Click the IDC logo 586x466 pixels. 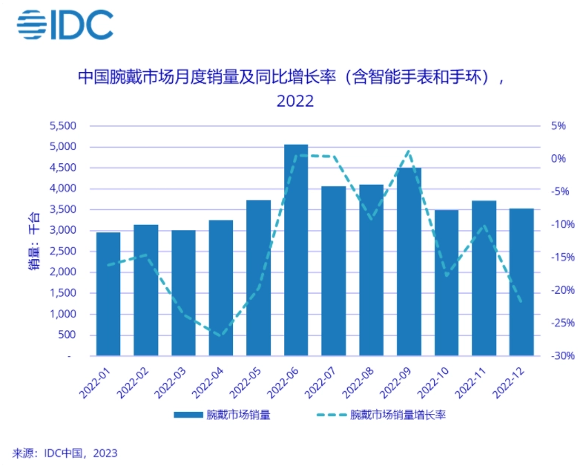click(65, 25)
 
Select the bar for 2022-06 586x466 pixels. click(296, 250)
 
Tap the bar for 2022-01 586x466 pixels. click(108, 294)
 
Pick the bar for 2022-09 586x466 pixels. click(409, 261)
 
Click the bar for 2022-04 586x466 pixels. click(221, 288)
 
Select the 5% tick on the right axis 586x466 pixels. click(557, 126)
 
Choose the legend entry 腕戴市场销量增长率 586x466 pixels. click(397, 415)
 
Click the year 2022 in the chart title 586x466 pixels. click(295, 101)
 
